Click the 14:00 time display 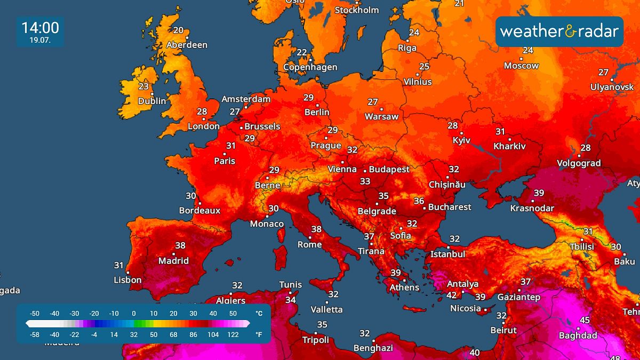pos(40,27)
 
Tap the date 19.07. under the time pos(40,40)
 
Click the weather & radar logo pos(559,31)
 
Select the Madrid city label pos(173,261)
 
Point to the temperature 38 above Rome pos(316,229)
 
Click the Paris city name pos(225,161)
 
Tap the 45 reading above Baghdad pos(585,320)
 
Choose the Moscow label pos(522,66)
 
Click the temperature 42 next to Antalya pos(451,295)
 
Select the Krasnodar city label pos(532,208)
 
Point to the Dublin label pos(152,101)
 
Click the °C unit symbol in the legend pos(259,314)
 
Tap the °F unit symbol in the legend pos(259,334)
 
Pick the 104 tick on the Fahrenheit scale pos(213,334)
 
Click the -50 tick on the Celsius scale pos(35,314)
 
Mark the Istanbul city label pos(448,254)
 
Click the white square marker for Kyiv pos(461,133)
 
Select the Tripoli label pos(316,340)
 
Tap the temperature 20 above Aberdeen pos(178,30)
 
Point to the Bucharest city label pos(450,206)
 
